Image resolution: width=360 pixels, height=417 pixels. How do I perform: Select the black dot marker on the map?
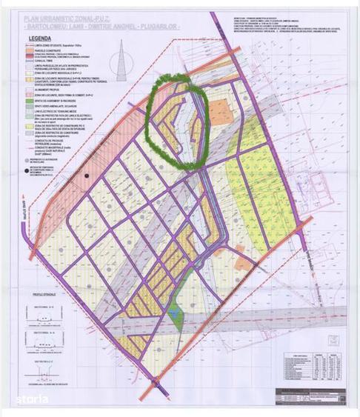click(x=87, y=175)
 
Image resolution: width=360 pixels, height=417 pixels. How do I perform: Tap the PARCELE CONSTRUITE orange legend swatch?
click(x=35, y=51)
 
